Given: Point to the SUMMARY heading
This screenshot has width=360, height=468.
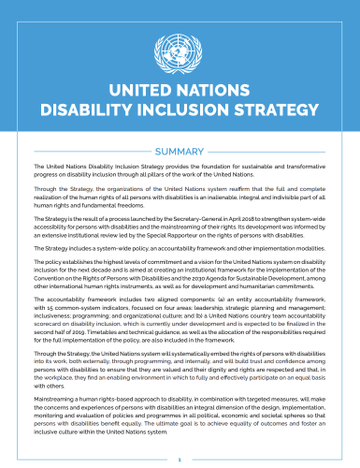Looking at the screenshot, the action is [180, 152].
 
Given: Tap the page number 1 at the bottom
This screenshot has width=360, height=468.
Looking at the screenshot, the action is [180, 460].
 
